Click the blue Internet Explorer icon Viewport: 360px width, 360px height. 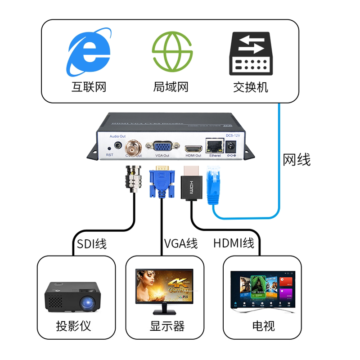point(89,52)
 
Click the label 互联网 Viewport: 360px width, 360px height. point(89,87)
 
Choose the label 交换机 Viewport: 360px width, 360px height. point(250,87)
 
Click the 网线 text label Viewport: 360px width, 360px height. point(297,160)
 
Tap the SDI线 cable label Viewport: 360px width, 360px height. point(92,244)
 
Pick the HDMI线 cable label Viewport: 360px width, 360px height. point(234,244)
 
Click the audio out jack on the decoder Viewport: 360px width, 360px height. point(118,145)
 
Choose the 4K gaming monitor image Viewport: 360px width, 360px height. point(165,291)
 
